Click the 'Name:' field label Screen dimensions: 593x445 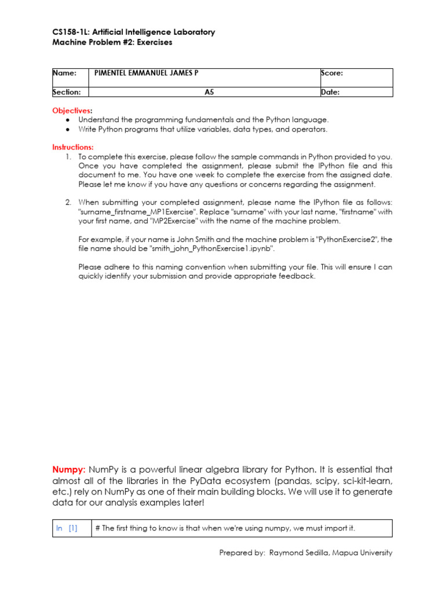(65, 73)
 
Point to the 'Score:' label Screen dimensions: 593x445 (332, 73)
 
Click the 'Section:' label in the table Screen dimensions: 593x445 (67, 91)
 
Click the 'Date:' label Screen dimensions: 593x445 (330, 91)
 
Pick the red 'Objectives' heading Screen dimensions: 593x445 (71, 110)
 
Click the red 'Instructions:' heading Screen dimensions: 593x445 (73, 147)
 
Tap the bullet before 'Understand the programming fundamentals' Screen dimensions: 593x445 (68, 120)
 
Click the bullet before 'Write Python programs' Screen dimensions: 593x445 (68, 130)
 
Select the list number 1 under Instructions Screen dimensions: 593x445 (68, 157)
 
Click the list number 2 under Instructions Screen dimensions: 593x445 (68, 202)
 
